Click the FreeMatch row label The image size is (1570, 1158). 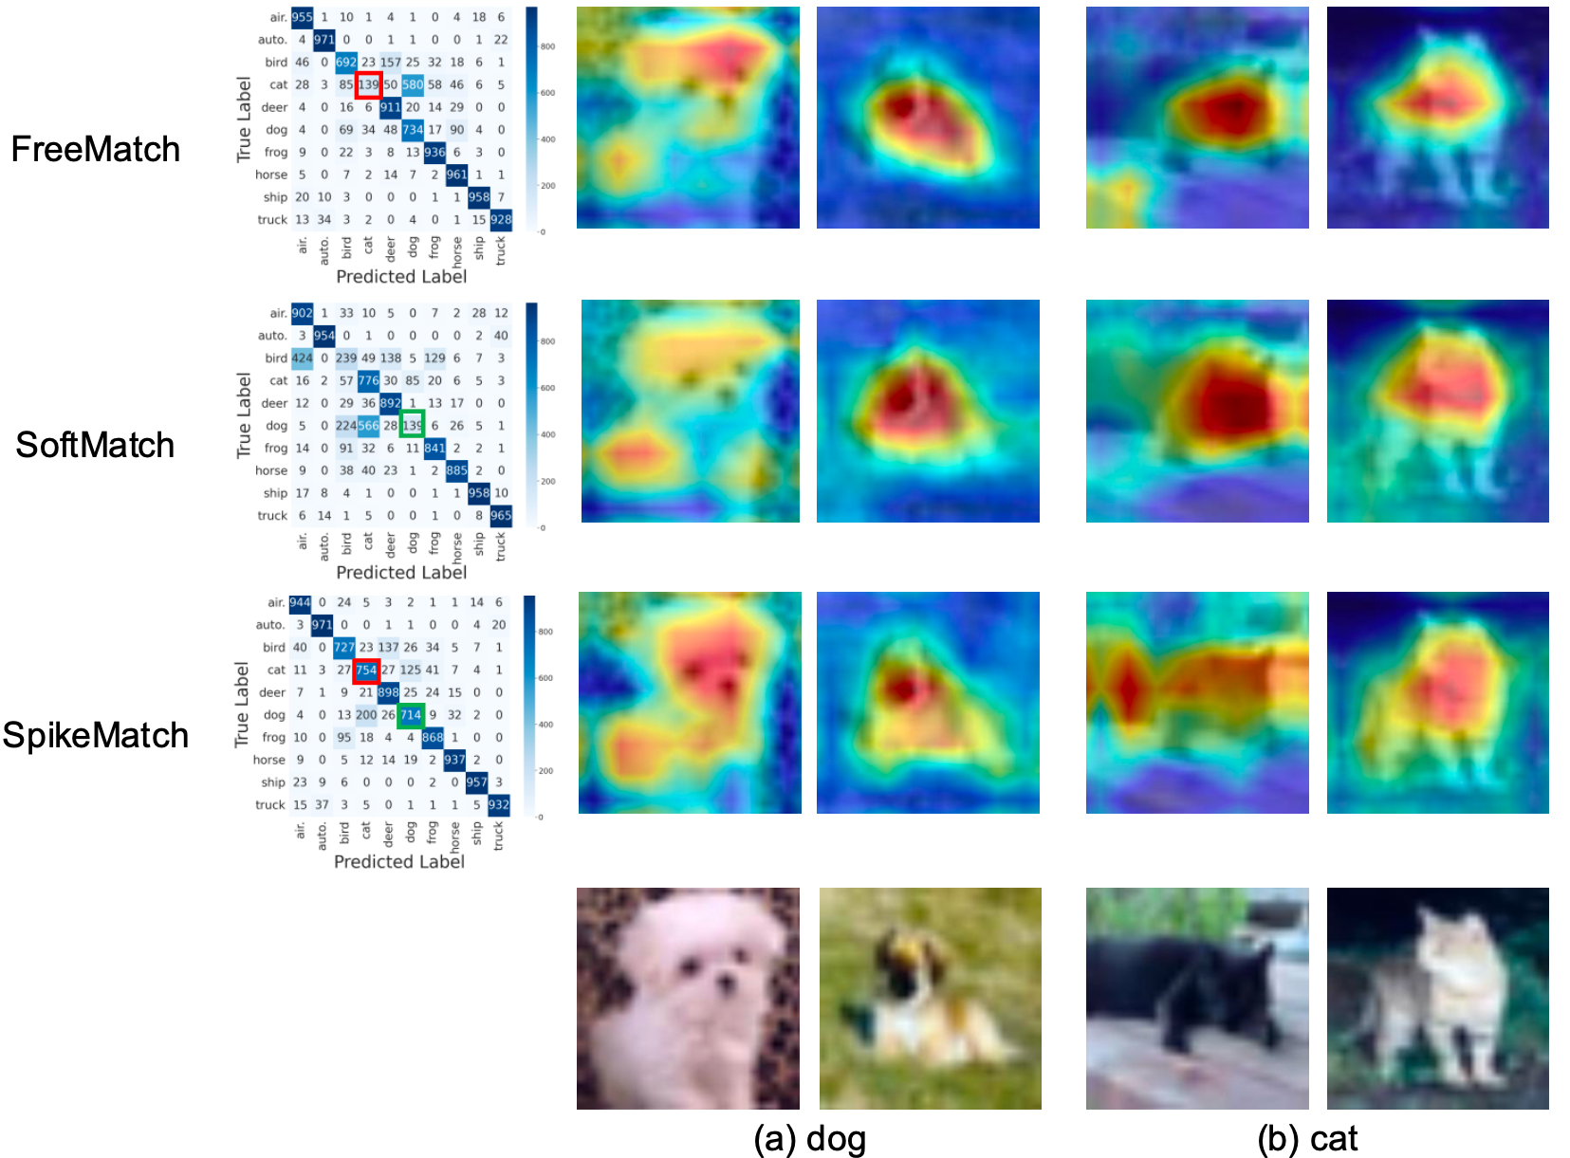tap(95, 149)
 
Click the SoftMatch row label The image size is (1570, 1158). tap(95, 445)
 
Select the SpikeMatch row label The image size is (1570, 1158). tap(95, 735)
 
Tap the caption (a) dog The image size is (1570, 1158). tap(809, 1138)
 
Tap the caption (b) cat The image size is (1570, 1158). tap(1307, 1138)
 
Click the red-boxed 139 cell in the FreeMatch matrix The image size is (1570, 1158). tap(368, 84)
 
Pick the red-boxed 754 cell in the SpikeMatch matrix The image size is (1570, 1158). tap(366, 671)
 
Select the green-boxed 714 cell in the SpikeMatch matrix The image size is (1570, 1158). tap(411, 715)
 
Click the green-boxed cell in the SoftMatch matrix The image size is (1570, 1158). tap(412, 426)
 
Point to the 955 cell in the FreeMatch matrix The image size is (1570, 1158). tap(302, 17)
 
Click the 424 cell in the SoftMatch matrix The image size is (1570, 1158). tap(302, 358)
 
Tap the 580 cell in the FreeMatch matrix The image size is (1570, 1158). tap(413, 84)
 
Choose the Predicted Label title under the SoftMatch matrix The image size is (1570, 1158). tap(401, 572)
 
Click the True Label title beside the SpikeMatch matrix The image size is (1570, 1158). tap(241, 705)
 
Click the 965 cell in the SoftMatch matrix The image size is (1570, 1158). tap(501, 516)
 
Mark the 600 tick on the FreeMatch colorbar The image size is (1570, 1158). tap(547, 93)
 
